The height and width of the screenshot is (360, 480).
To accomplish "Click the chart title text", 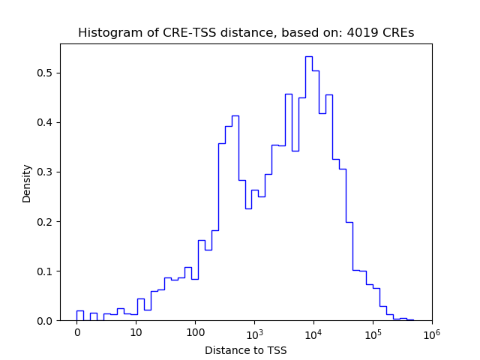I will pyautogui.click(x=245, y=33).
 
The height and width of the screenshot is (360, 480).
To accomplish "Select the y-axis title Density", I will pyautogui.click(x=27, y=183).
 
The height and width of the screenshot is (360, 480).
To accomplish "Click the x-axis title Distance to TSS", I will pyautogui.click(x=245, y=349).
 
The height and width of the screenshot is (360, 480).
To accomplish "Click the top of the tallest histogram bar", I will pyautogui.click(x=309, y=56).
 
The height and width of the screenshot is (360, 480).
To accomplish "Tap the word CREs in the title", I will pyautogui.click(x=397, y=33).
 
